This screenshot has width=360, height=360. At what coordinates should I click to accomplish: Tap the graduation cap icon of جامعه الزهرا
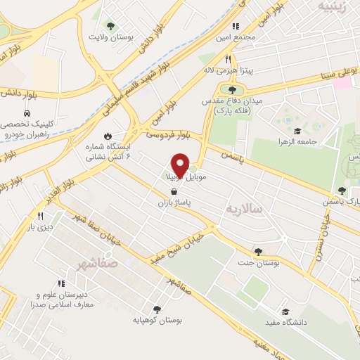[x=297, y=131]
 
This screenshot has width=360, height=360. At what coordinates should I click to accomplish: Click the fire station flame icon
[x=108, y=136]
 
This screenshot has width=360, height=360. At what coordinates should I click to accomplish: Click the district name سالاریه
[x=244, y=209]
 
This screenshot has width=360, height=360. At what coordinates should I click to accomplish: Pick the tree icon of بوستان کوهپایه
[x=156, y=309]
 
